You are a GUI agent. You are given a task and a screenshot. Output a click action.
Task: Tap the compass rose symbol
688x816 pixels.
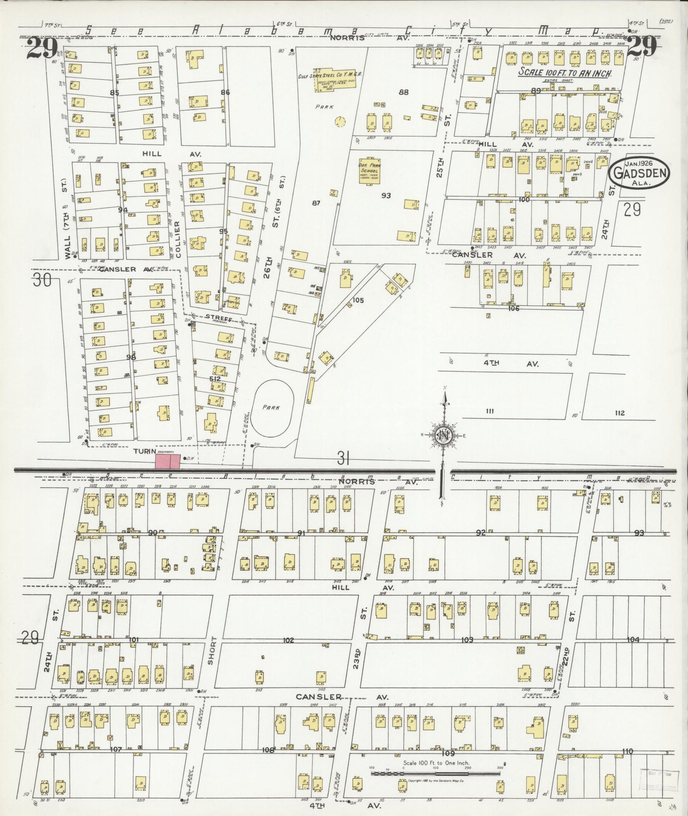coord(444,436)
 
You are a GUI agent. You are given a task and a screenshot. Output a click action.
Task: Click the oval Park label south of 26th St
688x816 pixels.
coord(272,407)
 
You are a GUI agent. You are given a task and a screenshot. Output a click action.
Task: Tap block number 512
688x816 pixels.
coord(215,378)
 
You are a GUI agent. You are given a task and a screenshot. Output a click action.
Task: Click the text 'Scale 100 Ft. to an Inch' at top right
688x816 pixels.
coord(565,73)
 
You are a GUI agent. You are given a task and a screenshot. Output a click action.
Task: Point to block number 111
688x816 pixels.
coord(489,412)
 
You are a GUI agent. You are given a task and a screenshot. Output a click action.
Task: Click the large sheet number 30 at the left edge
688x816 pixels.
coord(41,281)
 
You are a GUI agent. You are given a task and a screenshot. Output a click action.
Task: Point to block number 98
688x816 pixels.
coord(131,357)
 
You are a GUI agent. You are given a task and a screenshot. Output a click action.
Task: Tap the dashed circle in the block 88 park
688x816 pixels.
coord(340,122)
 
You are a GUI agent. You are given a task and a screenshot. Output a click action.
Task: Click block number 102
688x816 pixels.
coord(289,640)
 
